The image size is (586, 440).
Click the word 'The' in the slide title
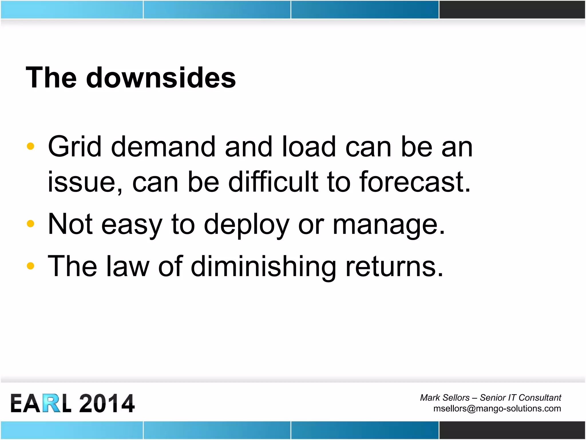coord(51,78)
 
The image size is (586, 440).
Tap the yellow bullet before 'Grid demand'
coord(30,146)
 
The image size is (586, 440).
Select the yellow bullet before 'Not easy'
coord(30,223)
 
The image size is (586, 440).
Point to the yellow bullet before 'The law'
coord(30,266)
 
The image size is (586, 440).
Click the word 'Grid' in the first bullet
coord(74,147)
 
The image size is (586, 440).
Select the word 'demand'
coord(163,147)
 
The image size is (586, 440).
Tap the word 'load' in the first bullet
coord(308,147)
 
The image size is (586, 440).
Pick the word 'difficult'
coord(273,182)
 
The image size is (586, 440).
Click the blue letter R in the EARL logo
coord(52,403)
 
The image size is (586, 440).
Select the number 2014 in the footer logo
coord(106,403)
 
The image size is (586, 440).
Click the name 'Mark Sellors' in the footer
coord(445,398)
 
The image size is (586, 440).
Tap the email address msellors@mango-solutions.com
coord(497,408)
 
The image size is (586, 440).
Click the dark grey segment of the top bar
coord(512,9)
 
